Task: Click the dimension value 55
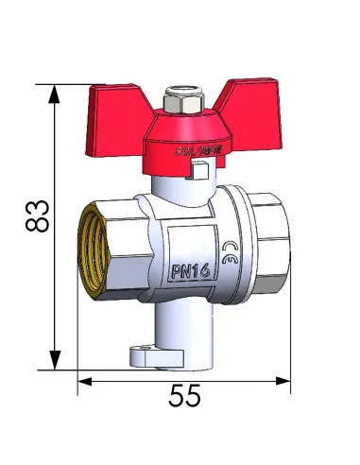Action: click(x=185, y=397)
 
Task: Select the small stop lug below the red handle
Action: click(x=201, y=172)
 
